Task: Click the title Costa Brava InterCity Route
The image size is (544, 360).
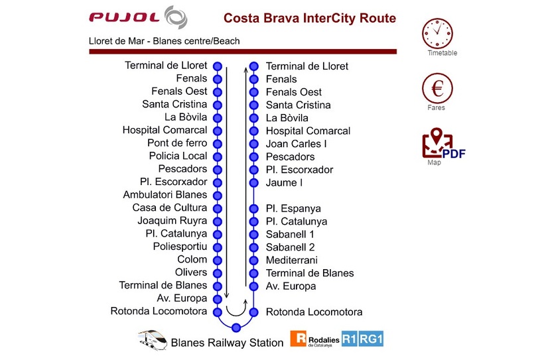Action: click(x=310, y=18)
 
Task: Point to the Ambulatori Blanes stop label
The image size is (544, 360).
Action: click(x=165, y=195)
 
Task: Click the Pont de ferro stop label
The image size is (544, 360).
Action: click(x=177, y=143)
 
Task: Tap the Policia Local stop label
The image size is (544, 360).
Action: click(x=178, y=156)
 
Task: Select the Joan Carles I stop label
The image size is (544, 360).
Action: click(x=297, y=144)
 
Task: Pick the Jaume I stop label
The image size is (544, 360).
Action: click(x=284, y=182)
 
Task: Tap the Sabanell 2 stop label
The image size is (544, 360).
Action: click(x=290, y=247)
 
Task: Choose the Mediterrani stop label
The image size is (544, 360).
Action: click(x=292, y=260)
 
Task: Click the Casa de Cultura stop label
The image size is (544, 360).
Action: click(x=170, y=208)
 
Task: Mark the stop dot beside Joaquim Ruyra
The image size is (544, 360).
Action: click(x=216, y=221)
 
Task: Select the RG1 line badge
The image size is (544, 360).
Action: click(x=372, y=339)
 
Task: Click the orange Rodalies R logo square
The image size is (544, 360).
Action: click(x=299, y=339)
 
